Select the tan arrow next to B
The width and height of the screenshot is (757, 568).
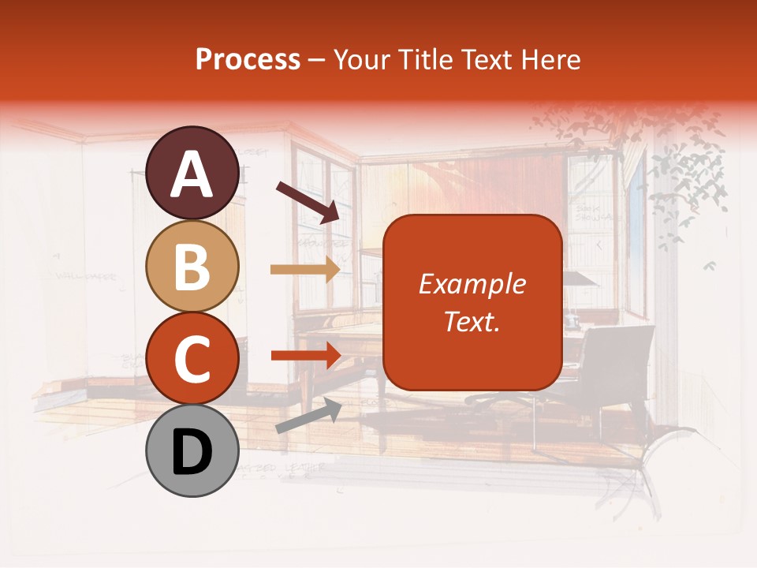pos(305,269)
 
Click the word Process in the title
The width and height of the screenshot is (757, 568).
pos(248,60)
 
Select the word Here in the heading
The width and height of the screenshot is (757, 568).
pos(553,60)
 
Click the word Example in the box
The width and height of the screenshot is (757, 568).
pos(472,284)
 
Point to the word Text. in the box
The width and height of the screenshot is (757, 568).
pos(472,321)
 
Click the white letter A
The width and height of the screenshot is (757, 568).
pos(192,175)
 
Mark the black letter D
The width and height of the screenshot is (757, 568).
pos(192,452)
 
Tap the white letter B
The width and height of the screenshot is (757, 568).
pos(192,267)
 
